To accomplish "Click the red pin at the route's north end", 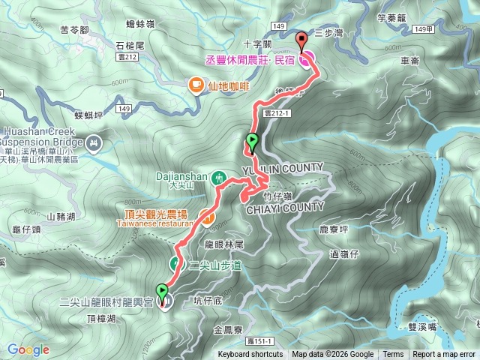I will tap(302, 40).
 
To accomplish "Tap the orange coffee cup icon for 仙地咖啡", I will tap(196, 86).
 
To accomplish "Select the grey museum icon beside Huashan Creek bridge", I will tap(94, 141).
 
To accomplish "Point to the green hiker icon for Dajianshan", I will tap(217, 178).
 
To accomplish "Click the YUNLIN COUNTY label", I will tap(283, 166).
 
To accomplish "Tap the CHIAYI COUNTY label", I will tap(286, 207).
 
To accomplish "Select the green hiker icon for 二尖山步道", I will tap(177, 264).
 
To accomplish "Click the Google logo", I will tap(28, 349).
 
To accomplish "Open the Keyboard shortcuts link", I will tap(250, 355).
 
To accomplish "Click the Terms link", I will tap(393, 355).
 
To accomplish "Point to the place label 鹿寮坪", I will tap(334, 229).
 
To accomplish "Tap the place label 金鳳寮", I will tap(228, 329).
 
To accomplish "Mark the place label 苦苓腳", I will tap(74, 31).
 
